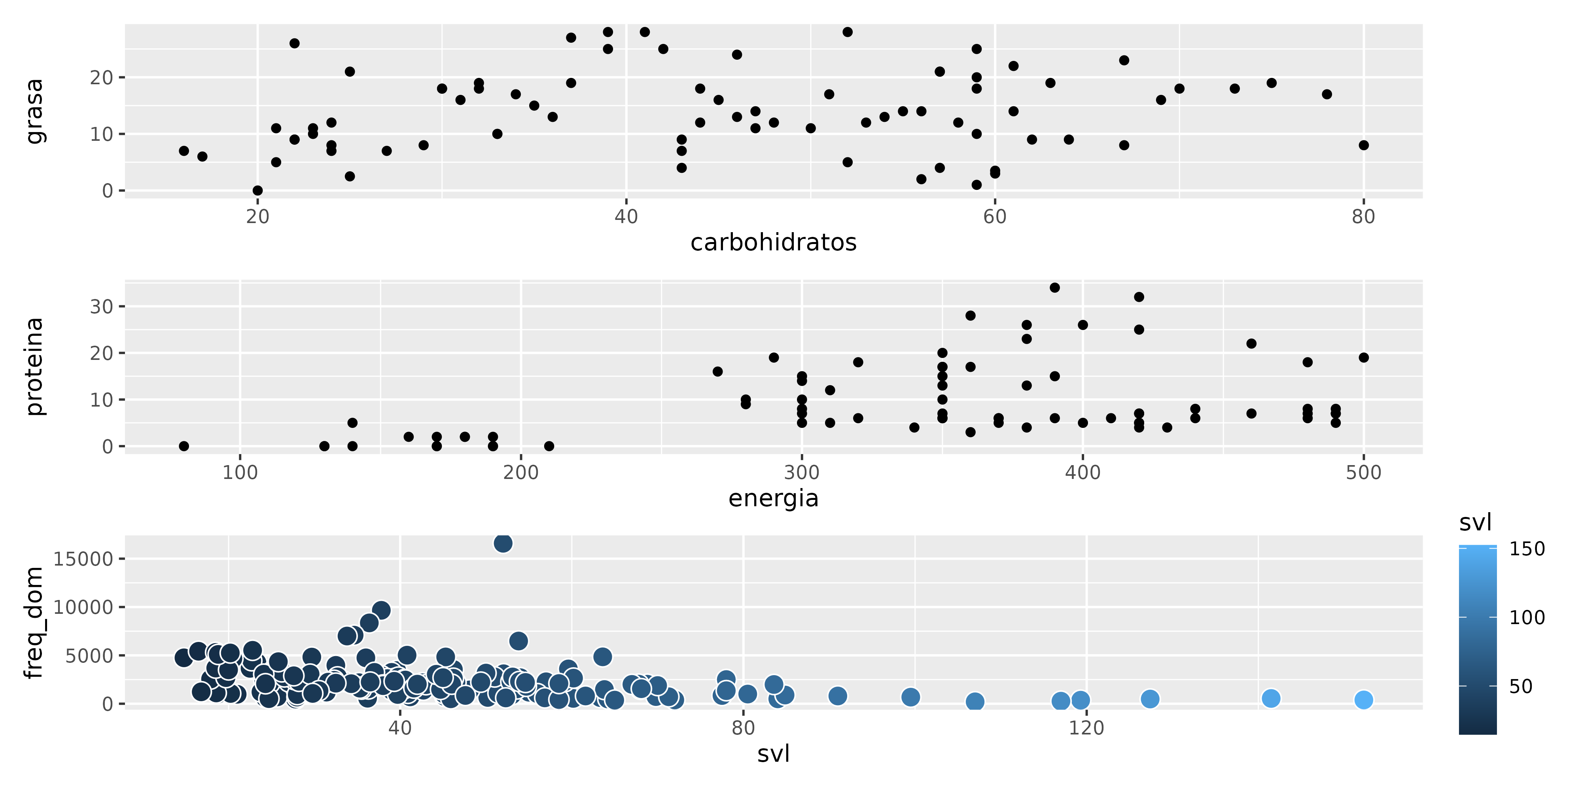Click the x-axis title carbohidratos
pos(773,242)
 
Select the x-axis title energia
pos(773,498)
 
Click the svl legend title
pos(1475,522)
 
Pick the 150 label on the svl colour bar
pos(1527,549)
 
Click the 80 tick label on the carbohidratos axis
pos(1363,216)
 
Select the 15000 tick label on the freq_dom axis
pos(83,559)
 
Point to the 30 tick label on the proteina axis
pos(102,307)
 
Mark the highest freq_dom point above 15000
pos(503,543)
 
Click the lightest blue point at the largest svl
pos(1363,700)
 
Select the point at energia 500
pos(1363,358)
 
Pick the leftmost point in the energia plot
pos(184,446)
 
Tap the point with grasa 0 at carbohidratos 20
pos(257,190)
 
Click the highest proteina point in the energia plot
pos(1054,288)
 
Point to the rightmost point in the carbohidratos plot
pos(1363,145)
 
